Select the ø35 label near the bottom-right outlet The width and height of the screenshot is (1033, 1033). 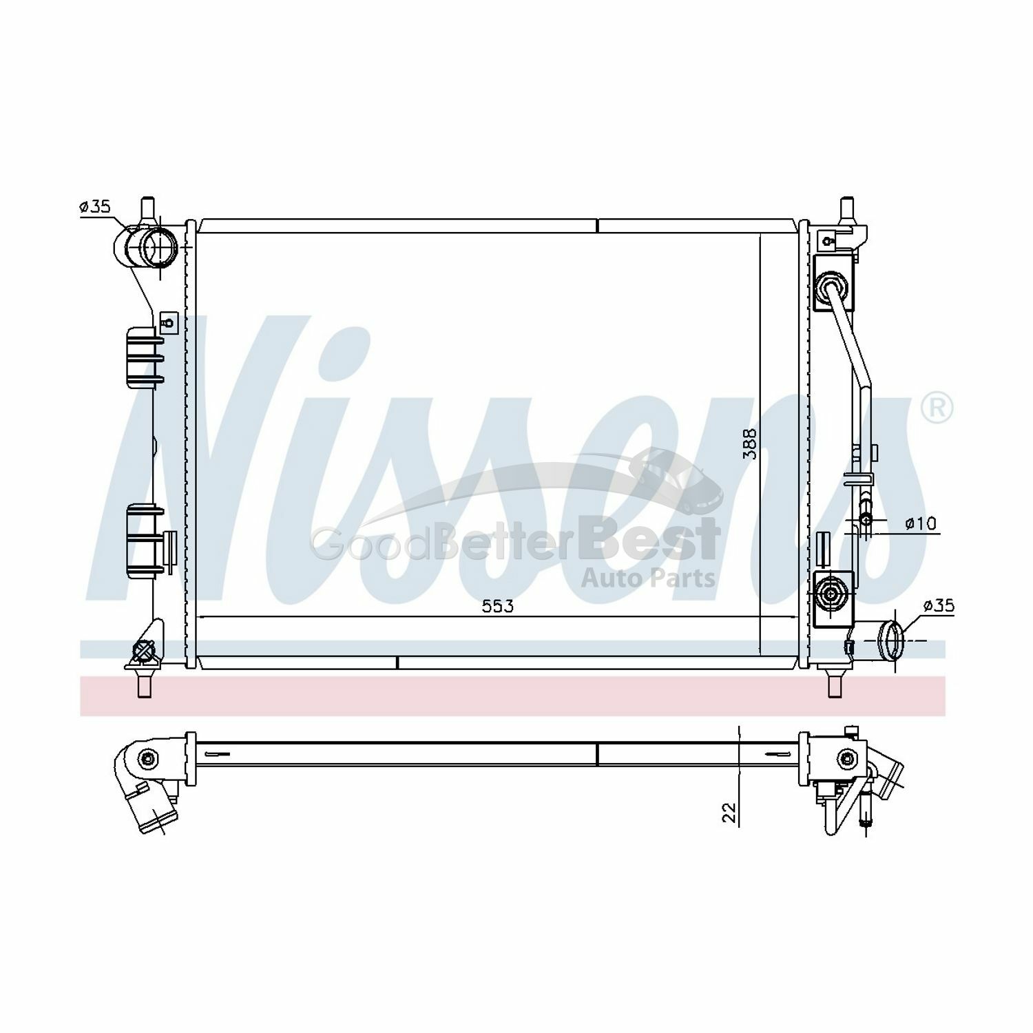(937, 605)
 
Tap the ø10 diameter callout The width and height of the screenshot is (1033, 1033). (921, 524)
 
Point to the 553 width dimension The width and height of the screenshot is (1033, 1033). (497, 606)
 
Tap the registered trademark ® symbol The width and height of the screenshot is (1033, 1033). (937, 408)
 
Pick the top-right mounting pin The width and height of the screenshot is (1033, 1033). (846, 208)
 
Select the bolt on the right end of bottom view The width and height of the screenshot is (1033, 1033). (847, 759)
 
